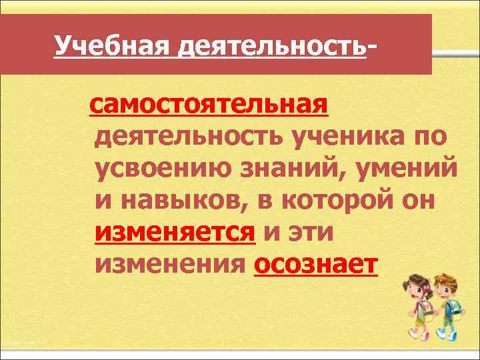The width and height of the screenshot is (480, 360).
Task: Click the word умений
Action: pos(410,170)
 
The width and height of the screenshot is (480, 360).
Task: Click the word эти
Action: pos(313,234)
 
